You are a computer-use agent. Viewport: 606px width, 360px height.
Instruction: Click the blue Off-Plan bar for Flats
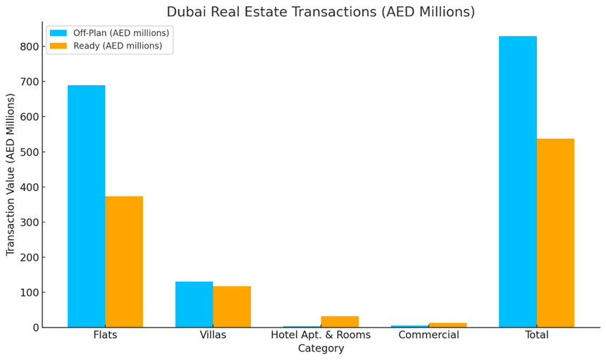click(86, 206)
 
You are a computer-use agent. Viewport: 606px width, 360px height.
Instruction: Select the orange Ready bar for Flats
click(124, 261)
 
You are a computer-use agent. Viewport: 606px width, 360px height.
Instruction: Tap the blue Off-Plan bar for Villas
click(194, 304)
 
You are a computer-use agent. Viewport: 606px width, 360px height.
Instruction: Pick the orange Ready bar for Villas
click(232, 306)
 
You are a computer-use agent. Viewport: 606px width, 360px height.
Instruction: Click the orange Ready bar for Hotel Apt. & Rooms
click(340, 322)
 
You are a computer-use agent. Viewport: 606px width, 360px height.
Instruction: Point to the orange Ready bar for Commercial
click(447, 325)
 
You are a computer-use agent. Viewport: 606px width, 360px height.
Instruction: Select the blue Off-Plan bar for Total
click(518, 182)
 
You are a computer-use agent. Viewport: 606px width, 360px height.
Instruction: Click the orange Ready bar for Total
click(555, 232)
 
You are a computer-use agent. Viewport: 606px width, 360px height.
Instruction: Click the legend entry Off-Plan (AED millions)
click(120, 33)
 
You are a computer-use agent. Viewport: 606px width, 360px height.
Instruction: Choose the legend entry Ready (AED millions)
click(117, 46)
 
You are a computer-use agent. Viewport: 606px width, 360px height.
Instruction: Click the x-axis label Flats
click(105, 335)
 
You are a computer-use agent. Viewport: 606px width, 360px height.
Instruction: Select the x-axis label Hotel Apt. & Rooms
click(321, 335)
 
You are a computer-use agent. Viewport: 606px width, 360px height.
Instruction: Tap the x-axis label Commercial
click(428, 335)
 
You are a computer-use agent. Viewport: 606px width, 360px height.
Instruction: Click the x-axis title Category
click(321, 348)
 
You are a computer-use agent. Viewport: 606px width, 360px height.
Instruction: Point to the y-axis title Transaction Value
click(11, 174)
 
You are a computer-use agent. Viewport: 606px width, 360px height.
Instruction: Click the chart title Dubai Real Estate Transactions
click(321, 12)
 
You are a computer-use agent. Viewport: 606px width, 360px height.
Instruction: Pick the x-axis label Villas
click(213, 335)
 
